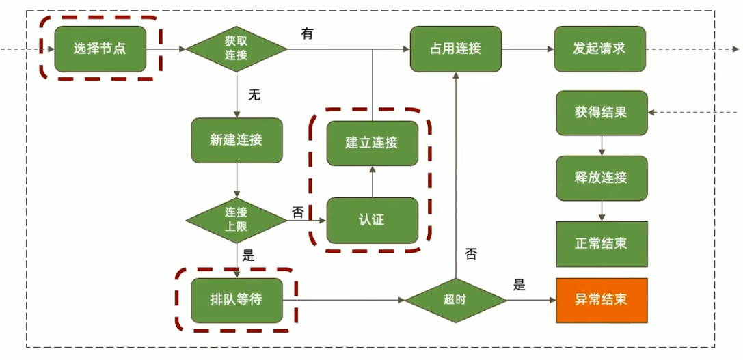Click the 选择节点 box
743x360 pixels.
point(100,49)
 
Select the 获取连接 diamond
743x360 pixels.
point(236,49)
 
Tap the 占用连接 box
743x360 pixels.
point(455,49)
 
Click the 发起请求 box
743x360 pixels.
point(599,49)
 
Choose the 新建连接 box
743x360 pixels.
point(236,140)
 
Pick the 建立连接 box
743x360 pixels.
point(372,143)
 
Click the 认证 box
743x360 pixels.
point(372,220)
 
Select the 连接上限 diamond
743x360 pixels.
point(236,220)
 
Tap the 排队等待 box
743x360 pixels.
point(236,301)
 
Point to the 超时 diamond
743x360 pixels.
point(455,301)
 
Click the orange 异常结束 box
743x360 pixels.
point(602,301)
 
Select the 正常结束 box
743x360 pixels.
point(602,244)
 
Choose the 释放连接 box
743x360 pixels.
point(602,178)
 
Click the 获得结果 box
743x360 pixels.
point(602,113)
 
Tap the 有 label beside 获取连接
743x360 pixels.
point(307,33)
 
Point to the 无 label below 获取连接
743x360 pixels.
point(254,95)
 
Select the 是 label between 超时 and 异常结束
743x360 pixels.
point(519,285)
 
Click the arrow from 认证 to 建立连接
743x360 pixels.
point(372,182)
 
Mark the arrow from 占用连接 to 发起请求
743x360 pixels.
point(527,49)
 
